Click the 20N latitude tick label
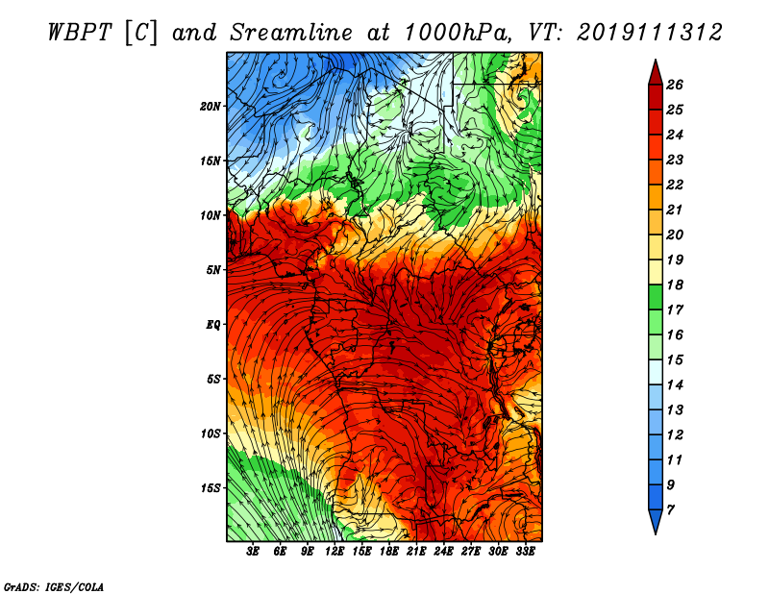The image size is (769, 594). [211, 107]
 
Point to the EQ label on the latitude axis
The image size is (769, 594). [213, 325]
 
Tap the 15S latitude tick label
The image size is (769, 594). [211, 488]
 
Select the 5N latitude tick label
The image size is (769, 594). [213, 270]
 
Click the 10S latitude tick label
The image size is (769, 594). [211, 433]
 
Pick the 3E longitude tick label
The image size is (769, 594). [253, 552]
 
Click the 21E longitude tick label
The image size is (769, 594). [416, 552]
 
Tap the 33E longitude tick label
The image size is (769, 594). [525, 552]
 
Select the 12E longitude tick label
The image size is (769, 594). [334, 552]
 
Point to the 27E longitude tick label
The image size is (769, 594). [470, 552]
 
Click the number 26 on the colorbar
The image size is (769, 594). [675, 85]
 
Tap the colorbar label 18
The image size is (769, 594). [675, 285]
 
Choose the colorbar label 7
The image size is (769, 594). [670, 510]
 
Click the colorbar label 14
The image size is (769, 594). [675, 385]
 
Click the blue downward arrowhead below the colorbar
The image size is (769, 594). [656, 521]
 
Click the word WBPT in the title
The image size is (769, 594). [81, 33]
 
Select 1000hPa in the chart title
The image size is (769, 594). [459, 33]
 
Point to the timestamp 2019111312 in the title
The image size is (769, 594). [650, 33]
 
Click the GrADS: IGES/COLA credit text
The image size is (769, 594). [54, 587]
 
